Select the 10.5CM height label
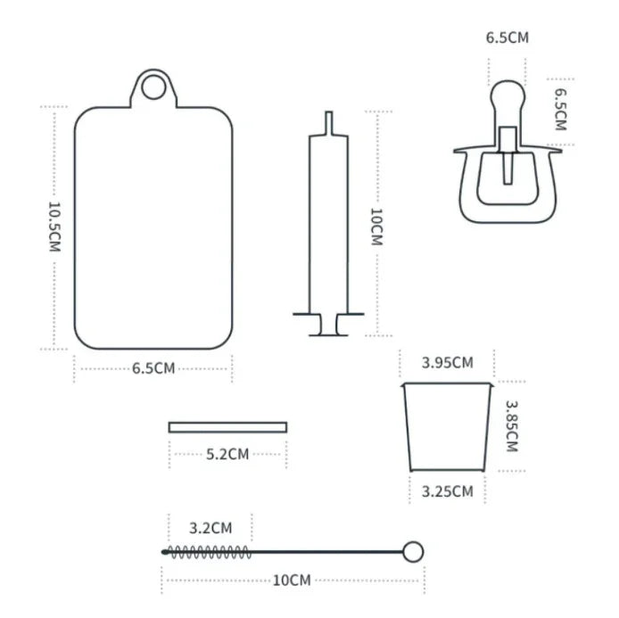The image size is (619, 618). (54, 227)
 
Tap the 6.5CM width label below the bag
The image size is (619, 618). (153, 368)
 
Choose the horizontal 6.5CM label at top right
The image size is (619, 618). (507, 38)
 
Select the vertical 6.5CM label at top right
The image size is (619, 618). (560, 109)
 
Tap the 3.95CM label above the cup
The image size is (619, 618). (447, 362)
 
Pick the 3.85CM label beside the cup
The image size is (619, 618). (511, 425)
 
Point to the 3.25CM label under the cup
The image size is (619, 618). (447, 491)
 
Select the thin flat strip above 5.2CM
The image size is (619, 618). (227, 427)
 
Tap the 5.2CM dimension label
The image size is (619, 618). (227, 454)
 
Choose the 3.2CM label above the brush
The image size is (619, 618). (210, 527)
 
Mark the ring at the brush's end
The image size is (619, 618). (412, 551)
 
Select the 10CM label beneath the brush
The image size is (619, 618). (292, 581)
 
